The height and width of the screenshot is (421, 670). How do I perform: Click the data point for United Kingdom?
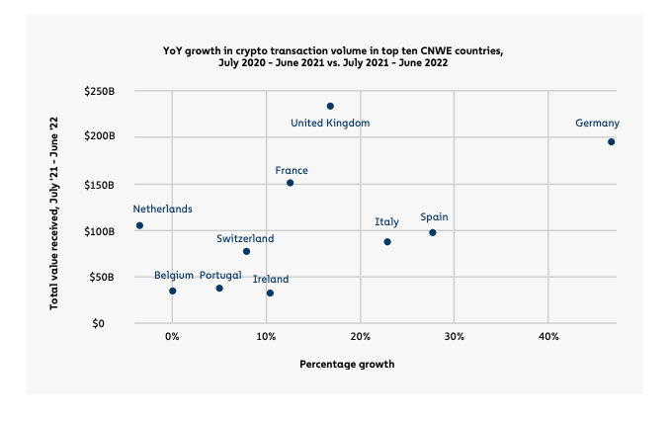click(330, 106)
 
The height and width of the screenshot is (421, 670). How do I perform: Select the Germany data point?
click(612, 141)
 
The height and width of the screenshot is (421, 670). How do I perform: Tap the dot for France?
click(290, 183)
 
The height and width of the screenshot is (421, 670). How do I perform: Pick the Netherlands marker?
click(139, 225)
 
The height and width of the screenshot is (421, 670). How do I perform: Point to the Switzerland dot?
click(246, 251)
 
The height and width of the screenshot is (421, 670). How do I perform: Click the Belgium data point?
click(172, 291)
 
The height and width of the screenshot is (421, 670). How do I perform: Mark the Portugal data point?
click(219, 288)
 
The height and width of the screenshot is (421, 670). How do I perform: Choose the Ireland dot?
click(270, 293)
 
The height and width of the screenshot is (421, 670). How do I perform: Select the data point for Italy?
click(387, 241)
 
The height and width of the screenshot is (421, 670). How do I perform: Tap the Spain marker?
click(433, 232)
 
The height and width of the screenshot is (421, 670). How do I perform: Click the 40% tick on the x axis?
click(548, 337)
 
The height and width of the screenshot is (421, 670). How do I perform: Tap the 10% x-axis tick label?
click(266, 337)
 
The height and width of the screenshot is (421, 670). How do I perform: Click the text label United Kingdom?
click(330, 124)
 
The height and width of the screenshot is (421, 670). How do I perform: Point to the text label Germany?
click(598, 124)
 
